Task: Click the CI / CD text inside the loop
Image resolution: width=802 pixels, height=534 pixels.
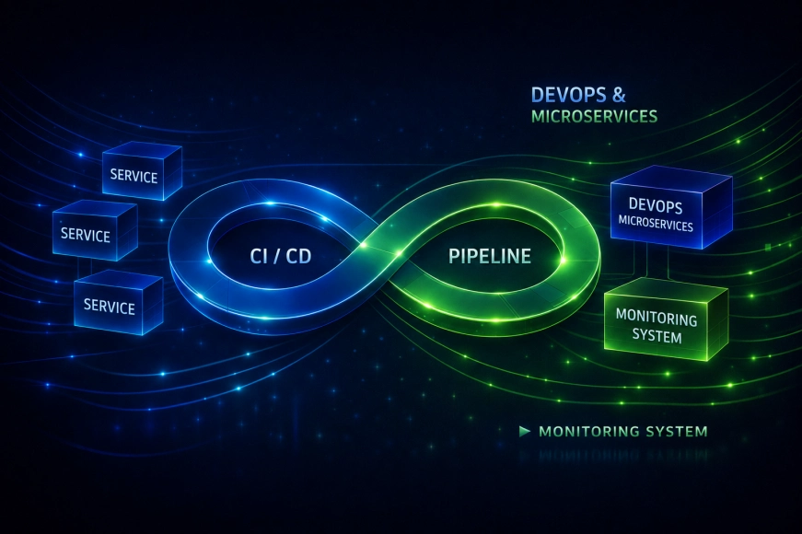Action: point(280,256)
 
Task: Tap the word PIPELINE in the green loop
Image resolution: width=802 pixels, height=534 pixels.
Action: point(490,256)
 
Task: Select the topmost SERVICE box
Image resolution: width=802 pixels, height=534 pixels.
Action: point(142,171)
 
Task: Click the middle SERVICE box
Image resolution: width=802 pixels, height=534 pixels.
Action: point(95,229)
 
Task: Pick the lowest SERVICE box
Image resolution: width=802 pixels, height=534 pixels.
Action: point(118,303)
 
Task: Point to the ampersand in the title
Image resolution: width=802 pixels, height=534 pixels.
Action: point(618,95)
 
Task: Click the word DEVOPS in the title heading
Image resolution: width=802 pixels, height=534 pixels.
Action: point(568,95)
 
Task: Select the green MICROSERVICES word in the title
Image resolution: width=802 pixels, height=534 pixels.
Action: point(594,117)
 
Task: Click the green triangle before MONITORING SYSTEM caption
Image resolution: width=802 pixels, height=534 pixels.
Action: point(524,431)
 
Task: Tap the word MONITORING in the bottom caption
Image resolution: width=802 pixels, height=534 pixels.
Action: point(589,431)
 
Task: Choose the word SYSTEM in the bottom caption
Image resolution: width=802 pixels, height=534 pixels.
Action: point(677,431)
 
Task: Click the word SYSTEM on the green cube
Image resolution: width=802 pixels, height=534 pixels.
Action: point(657,336)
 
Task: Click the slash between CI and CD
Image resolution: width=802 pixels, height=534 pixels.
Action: point(280,256)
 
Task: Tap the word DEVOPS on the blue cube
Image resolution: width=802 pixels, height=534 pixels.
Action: point(656,205)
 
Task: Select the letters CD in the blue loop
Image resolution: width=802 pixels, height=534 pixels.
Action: point(298,256)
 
